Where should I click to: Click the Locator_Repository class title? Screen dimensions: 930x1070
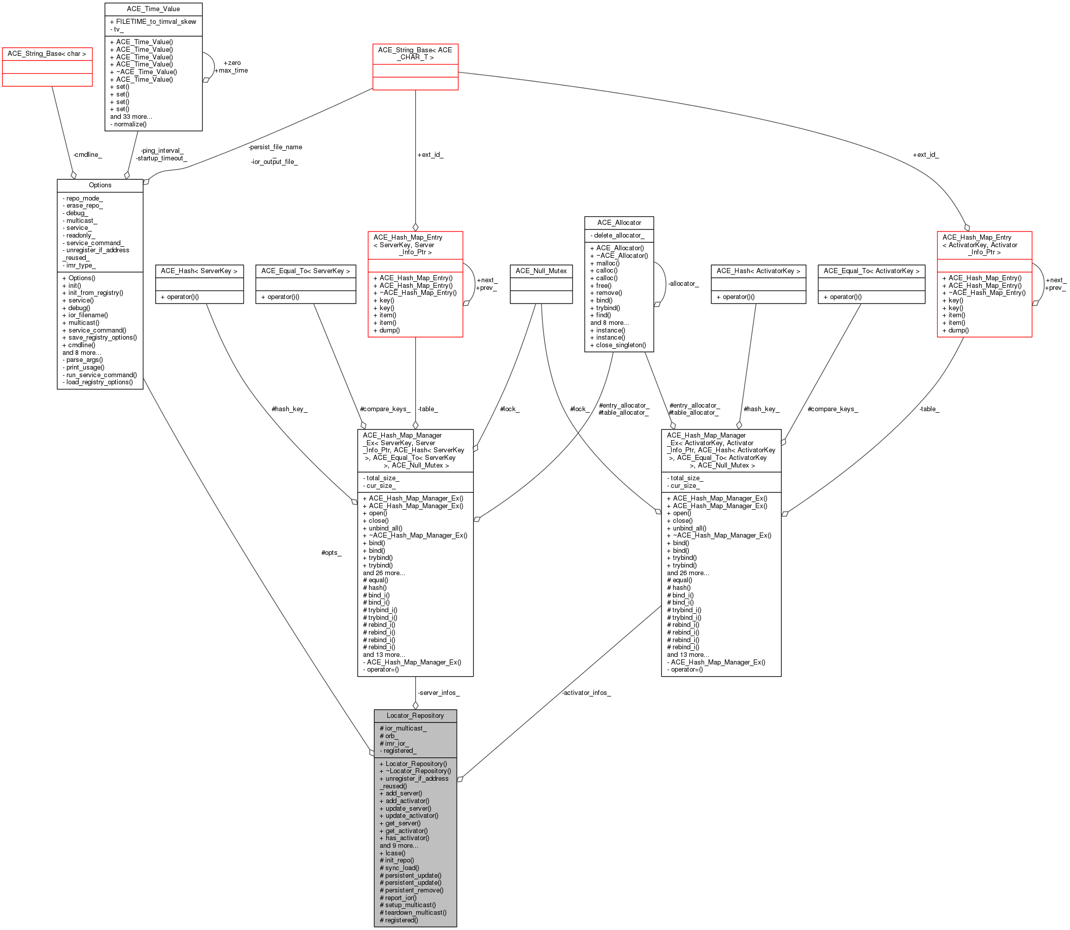pyautogui.click(x=415, y=716)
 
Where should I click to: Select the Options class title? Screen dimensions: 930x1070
pyautogui.click(x=100, y=185)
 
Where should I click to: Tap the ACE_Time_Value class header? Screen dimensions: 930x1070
pyautogui.click(x=153, y=9)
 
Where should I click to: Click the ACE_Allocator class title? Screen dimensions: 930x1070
pyautogui.click(x=619, y=223)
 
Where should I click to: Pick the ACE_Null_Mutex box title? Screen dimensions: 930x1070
pyautogui.click(x=541, y=271)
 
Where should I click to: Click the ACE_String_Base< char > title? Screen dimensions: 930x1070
pyautogui.click(x=47, y=53)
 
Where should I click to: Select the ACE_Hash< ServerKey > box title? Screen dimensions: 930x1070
pyautogui.click(x=199, y=271)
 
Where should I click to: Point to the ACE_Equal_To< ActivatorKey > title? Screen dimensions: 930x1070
pyautogui.click(x=871, y=271)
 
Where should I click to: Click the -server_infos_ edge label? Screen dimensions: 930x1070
pyautogui.click(x=439, y=693)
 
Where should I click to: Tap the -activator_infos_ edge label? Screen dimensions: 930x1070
pyautogui.click(x=586, y=693)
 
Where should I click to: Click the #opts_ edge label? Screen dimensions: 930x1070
pyautogui.click(x=331, y=553)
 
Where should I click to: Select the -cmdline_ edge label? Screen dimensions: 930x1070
pyautogui.click(x=88, y=155)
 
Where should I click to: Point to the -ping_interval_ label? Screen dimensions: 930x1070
pyautogui.click(x=162, y=150)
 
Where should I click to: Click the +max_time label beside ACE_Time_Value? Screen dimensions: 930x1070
pyautogui.click(x=231, y=71)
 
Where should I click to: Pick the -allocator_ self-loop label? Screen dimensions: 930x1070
pyautogui.click(x=683, y=284)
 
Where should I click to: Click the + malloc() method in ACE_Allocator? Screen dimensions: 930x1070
pyautogui.click(x=605, y=263)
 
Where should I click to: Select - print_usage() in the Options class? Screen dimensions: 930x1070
pyautogui.click(x=84, y=368)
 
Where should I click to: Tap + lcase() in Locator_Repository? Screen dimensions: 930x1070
pyautogui.click(x=392, y=853)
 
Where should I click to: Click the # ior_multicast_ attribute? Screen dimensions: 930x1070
pyautogui.click(x=403, y=728)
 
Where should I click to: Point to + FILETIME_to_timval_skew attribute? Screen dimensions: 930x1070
pyautogui.click(x=153, y=22)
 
